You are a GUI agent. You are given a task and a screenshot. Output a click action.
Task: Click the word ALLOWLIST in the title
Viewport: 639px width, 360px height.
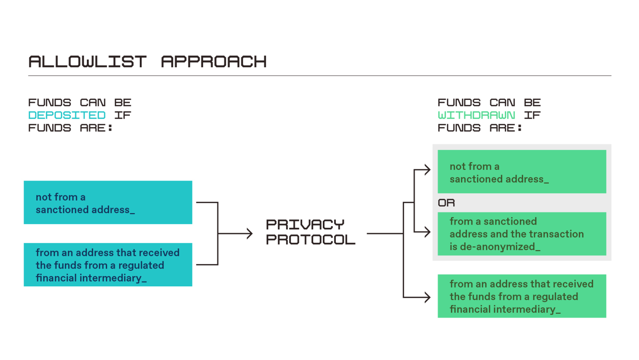pos(87,61)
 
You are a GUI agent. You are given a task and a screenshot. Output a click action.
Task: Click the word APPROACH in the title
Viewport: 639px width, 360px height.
pos(214,61)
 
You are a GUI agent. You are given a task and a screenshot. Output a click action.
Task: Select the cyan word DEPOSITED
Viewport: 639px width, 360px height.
pos(67,115)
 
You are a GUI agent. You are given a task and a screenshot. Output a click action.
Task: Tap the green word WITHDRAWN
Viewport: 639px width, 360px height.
pos(476,115)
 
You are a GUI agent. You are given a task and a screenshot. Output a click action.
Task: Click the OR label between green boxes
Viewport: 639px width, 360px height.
pos(446,203)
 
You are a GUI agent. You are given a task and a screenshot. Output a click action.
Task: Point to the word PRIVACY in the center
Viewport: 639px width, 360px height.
pos(305,224)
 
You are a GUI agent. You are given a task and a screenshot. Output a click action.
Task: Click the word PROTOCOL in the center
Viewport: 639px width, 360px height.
pos(310,240)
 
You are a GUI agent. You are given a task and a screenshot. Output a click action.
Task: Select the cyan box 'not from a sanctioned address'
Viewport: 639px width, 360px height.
pos(108,202)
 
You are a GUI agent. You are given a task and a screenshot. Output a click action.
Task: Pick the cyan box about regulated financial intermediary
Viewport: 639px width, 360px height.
pos(108,265)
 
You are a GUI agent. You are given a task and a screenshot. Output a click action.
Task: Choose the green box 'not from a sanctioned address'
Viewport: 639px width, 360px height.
pos(522,172)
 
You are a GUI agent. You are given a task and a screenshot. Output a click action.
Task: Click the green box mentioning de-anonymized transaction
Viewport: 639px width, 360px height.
pos(522,234)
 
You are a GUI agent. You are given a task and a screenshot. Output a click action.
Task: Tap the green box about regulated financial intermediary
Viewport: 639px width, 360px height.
pos(522,296)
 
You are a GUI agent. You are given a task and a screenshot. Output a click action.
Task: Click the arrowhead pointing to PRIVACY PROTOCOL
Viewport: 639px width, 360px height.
pos(250,233)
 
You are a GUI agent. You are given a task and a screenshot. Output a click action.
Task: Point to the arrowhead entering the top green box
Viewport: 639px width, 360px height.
pos(428,170)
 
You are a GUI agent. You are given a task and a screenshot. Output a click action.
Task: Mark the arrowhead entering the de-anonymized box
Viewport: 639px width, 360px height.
pos(428,232)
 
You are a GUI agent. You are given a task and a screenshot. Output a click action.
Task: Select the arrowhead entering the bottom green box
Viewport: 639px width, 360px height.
pos(428,297)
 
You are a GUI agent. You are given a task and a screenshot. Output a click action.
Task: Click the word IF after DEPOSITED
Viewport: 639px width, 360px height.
pos(123,115)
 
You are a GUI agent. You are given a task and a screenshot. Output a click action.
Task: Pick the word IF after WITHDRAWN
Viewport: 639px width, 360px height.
pos(532,115)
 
